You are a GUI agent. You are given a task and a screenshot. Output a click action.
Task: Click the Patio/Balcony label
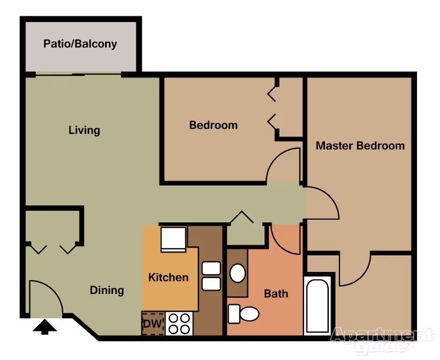80,44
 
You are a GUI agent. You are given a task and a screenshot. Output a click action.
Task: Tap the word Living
84,130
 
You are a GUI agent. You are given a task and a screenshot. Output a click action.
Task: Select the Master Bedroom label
360,146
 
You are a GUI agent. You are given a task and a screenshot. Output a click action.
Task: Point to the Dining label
107,290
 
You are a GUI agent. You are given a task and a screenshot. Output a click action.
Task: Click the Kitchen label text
168,277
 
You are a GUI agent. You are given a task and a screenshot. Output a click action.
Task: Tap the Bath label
276,294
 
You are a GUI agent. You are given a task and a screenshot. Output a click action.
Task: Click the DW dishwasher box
153,324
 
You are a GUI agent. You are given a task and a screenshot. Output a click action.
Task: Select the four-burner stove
179,324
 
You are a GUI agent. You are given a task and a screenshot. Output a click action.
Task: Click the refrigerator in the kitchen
173,239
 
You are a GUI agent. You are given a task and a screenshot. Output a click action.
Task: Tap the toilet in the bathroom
243,314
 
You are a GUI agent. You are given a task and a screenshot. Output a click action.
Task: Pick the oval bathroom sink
238,273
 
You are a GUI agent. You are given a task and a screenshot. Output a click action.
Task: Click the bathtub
318,306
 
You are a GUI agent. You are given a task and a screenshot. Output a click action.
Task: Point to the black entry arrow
45,328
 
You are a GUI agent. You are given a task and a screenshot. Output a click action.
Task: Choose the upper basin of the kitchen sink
211,268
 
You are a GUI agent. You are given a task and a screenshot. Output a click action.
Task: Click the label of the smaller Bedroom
213,125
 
